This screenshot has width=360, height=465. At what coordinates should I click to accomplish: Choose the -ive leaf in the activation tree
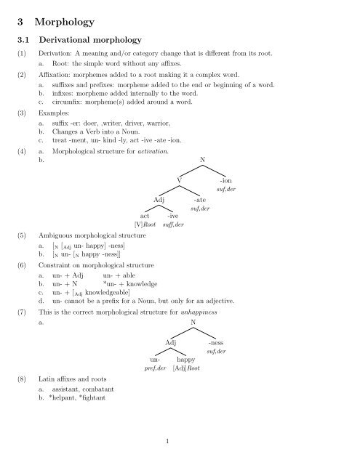pos(174,216)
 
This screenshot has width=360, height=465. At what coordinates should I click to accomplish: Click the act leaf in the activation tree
pos(145,216)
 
